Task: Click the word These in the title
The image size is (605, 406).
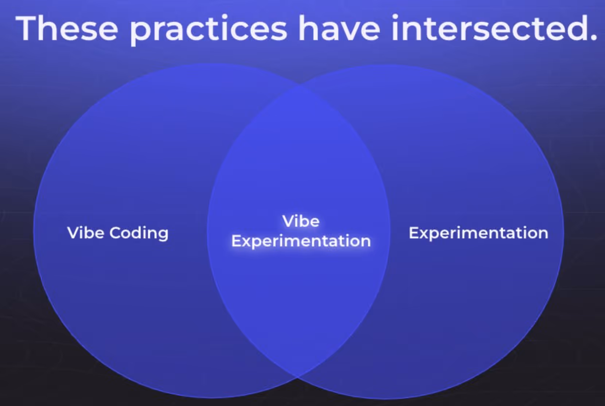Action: click(67, 28)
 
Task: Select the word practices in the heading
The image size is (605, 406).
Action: click(208, 29)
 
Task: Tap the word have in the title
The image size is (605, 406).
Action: click(339, 28)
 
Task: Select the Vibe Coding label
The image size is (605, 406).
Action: click(118, 233)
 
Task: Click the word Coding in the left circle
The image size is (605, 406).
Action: click(139, 233)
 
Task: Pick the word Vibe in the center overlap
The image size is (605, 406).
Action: click(301, 221)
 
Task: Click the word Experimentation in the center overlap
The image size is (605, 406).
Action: click(301, 241)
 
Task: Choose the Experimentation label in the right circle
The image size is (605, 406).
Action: click(478, 233)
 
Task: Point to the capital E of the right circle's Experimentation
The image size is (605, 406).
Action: click(413, 233)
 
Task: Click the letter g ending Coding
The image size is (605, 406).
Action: click(163, 235)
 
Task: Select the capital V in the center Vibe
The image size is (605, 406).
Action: click(288, 221)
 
